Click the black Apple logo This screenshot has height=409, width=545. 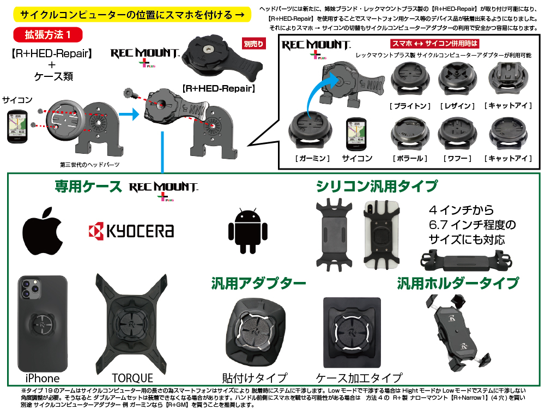pos(43,231)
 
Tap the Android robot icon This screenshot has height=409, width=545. pos(248,231)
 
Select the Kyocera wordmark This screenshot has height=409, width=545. pos(131,231)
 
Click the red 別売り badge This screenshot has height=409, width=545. pos(254,44)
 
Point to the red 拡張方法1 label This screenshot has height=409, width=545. pos(48,35)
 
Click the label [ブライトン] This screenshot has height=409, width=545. pos(410,106)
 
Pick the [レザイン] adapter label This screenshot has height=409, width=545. pos(457,106)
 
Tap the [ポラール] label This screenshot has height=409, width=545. pos(410,159)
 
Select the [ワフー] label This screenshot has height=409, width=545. pos(457,159)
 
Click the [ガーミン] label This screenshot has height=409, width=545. pos(312,159)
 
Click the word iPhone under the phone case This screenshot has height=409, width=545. pos(43,378)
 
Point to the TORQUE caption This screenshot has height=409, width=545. pos(132,378)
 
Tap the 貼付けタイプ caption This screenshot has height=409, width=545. pos(255,378)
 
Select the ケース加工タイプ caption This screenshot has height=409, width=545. pos(359,378)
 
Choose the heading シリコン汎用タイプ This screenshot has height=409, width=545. pos(377,187)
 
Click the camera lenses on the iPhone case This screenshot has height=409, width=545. pos(31,288)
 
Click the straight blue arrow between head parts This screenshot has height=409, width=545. pos(129,114)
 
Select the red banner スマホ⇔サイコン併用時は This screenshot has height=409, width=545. pos(434,44)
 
